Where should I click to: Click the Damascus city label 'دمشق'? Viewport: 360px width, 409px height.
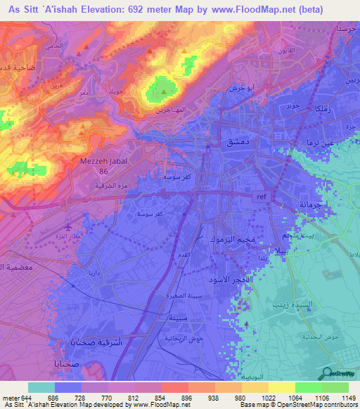point(233,143)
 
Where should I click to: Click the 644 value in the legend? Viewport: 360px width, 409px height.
point(21,397)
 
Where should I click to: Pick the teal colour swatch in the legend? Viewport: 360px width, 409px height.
point(41,387)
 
